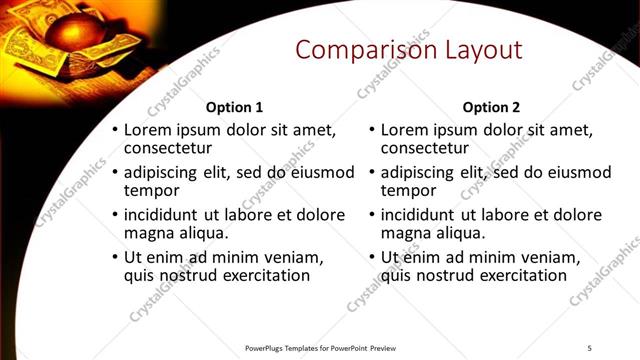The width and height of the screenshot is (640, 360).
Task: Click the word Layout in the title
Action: pos(476,51)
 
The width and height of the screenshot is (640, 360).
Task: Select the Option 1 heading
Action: pos(234,107)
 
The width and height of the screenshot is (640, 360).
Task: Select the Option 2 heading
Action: pos(491,107)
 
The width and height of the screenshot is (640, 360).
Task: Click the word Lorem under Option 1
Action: pos(149,130)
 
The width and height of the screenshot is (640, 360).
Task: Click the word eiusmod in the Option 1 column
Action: pos(320,172)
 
